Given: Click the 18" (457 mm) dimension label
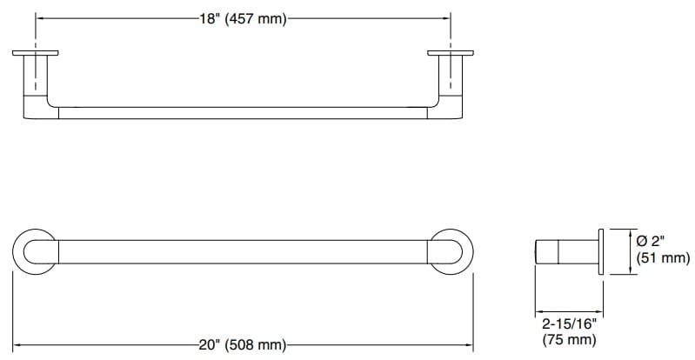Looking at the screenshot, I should point(243,18).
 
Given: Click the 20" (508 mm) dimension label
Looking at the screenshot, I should point(243,345).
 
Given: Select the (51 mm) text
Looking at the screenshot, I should point(663,258).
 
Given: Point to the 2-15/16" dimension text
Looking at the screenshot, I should point(565,323).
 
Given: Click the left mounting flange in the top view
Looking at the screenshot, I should point(36,54).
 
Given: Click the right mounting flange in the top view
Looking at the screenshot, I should point(450,54).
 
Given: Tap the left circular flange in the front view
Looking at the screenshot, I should point(36,250).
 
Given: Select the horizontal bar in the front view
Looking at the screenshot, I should point(243,250).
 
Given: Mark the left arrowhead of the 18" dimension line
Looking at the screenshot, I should point(39,18).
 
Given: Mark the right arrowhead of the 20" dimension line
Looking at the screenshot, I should point(470,345).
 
